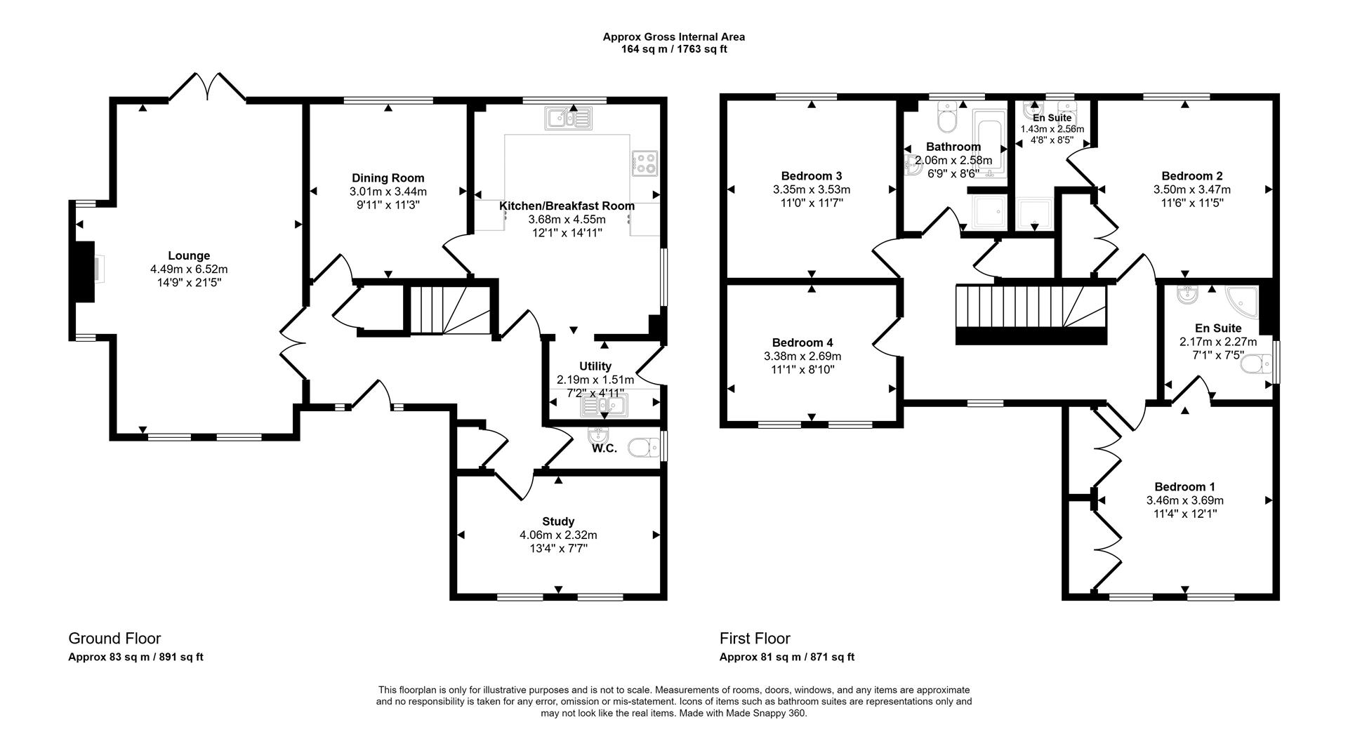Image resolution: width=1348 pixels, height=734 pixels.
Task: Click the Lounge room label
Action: pyautogui.click(x=188, y=256)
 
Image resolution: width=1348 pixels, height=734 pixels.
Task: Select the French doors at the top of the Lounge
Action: pyautogui.click(x=207, y=86)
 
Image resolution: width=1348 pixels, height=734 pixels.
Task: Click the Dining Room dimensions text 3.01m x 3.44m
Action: pyautogui.click(x=388, y=192)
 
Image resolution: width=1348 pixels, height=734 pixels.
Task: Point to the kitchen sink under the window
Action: pyautogui.click(x=569, y=118)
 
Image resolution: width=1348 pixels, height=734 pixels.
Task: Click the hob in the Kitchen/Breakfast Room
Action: pyautogui.click(x=645, y=164)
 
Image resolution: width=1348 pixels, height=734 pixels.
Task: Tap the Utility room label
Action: pyautogui.click(x=595, y=366)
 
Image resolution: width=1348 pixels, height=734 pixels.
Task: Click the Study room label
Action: pyautogui.click(x=558, y=521)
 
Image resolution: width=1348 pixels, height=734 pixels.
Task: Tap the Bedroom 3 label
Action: pyautogui.click(x=811, y=176)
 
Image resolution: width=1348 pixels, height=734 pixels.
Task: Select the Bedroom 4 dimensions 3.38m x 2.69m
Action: pyautogui.click(x=802, y=356)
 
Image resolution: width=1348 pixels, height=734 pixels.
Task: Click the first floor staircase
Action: pyautogui.click(x=1031, y=314)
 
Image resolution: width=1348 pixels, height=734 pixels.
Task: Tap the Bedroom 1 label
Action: pyautogui.click(x=1184, y=487)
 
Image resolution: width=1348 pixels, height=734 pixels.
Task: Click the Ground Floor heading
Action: pyautogui.click(x=114, y=639)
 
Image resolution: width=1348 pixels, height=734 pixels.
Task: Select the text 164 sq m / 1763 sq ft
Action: pyautogui.click(x=673, y=49)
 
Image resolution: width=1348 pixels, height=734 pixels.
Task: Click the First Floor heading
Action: pyautogui.click(x=755, y=639)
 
